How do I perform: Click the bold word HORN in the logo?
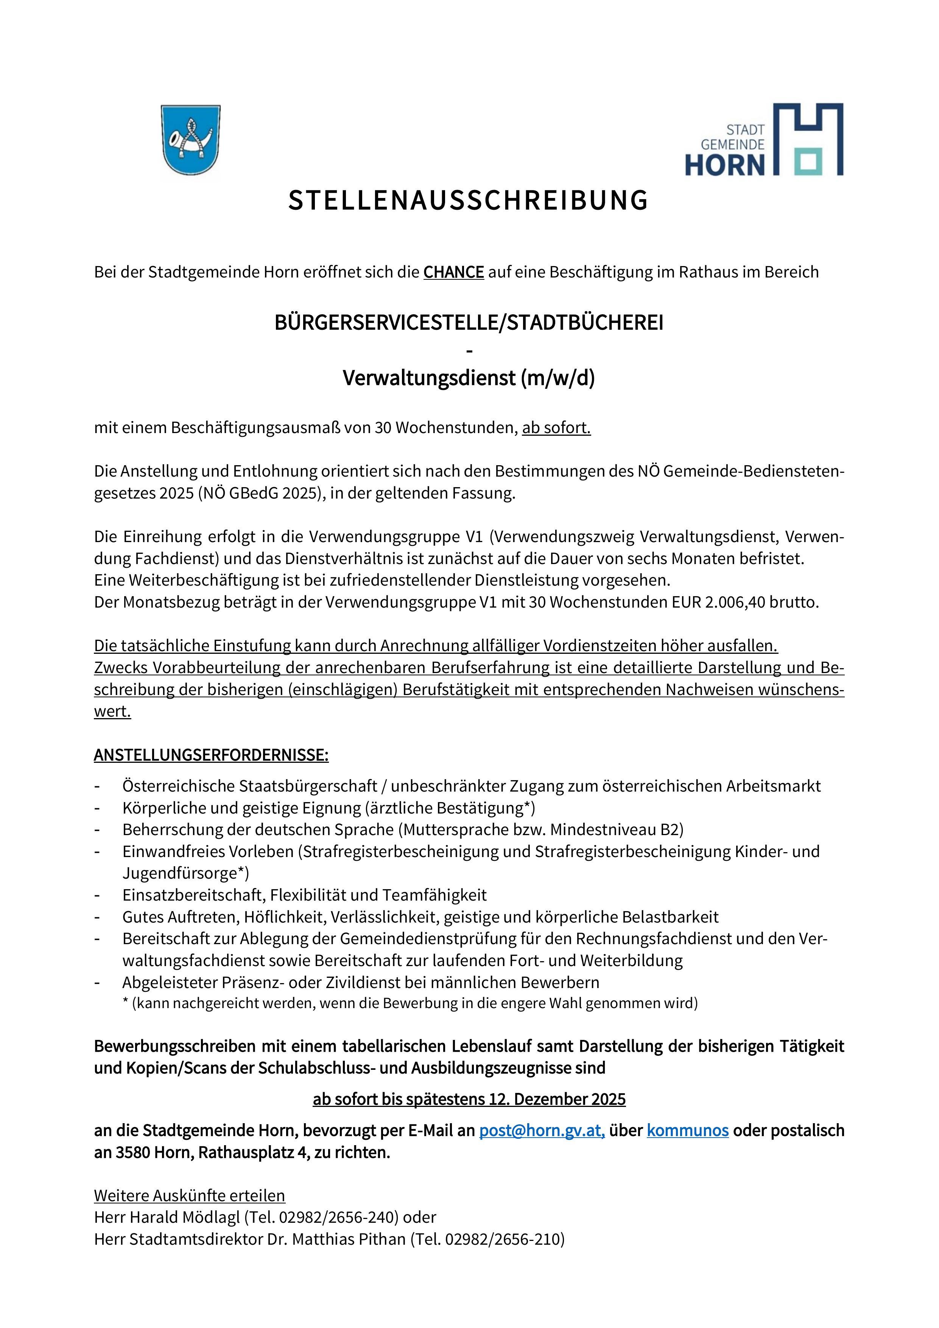(725, 165)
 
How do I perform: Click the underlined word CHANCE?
(453, 272)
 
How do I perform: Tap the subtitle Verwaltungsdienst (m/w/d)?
(469, 378)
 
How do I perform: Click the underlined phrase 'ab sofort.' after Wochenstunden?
(556, 428)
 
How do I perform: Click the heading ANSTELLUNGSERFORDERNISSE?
(211, 755)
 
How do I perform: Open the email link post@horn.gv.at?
(542, 1130)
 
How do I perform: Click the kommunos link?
(687, 1130)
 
